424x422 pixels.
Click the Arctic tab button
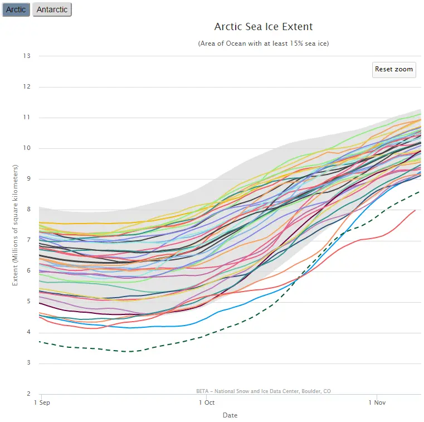16,9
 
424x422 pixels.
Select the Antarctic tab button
52,9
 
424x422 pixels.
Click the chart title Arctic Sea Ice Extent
264,27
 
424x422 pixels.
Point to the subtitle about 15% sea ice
264,43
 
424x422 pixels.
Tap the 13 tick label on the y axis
27,56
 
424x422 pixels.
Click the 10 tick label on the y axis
27,148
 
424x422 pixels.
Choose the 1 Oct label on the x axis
206,402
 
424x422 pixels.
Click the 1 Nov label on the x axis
377,402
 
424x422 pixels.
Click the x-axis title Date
230,415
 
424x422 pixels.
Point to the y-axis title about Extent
16,225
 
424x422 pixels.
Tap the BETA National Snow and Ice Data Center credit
264,391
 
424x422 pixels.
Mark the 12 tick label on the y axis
27,87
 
